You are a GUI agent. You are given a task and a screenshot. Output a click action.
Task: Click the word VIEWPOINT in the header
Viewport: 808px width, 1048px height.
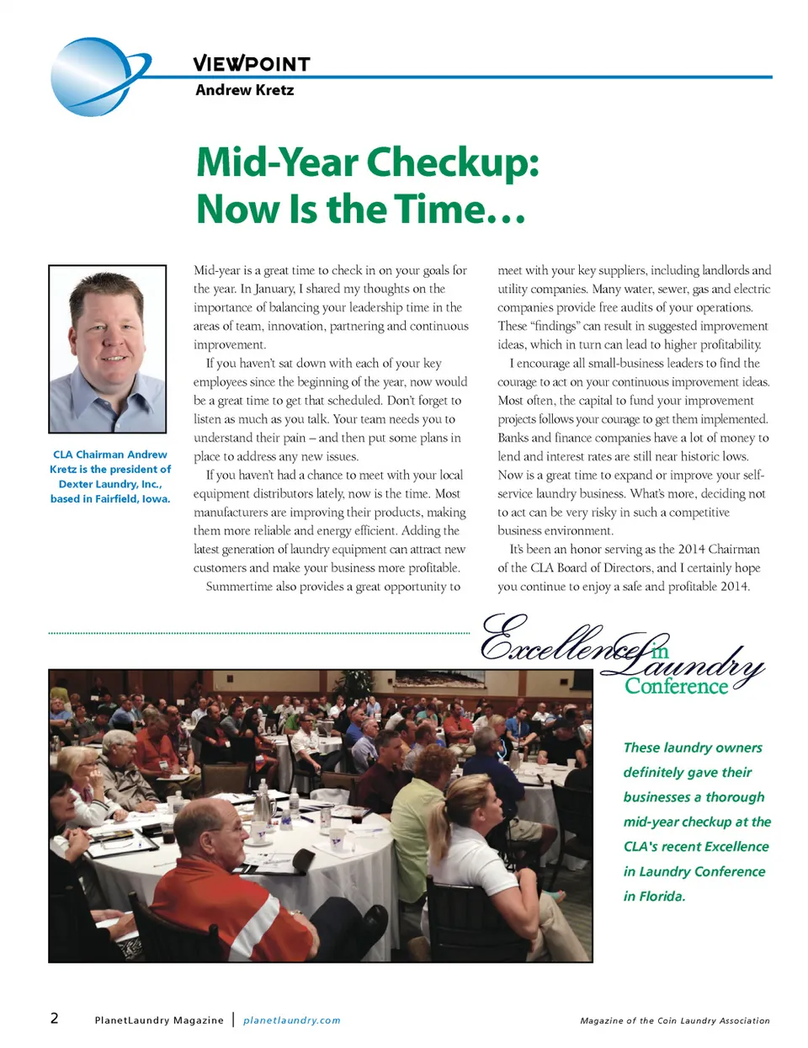pos(251,64)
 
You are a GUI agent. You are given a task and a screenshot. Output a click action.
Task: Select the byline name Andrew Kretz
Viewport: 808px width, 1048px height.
pos(244,90)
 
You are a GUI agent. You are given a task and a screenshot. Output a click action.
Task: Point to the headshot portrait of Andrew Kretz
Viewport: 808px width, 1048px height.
pos(108,349)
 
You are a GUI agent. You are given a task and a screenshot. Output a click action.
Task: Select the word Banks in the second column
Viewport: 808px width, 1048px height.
pos(513,438)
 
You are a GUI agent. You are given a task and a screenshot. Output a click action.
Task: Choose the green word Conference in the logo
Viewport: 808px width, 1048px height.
pos(676,686)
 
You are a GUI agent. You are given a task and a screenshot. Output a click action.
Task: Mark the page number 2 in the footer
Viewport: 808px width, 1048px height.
pos(55,1019)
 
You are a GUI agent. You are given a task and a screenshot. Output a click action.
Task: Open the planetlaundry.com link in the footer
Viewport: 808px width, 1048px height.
pos(291,1020)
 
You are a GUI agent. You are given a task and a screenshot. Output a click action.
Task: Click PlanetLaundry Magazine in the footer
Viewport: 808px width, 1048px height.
pos(159,1020)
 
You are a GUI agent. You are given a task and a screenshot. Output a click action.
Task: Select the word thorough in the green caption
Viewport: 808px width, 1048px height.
pos(735,797)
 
